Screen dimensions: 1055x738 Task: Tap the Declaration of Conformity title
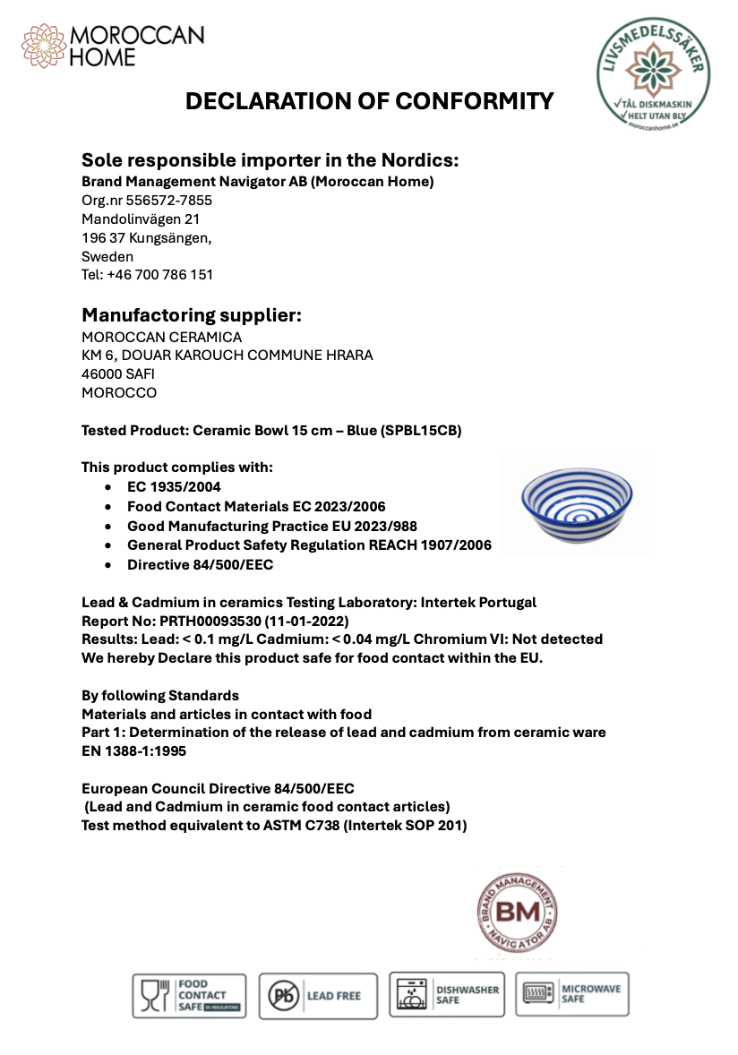[x=369, y=101]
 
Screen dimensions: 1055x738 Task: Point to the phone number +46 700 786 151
[x=159, y=275]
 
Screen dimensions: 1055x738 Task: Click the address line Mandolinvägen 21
[x=141, y=219]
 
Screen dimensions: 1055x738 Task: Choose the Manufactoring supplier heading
[x=192, y=315]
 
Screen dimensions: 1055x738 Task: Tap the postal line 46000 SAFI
[x=117, y=374]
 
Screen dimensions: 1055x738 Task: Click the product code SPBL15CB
[x=422, y=431]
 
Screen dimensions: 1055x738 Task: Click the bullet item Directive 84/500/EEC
[x=200, y=565]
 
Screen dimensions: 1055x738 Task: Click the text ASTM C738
[x=296, y=826]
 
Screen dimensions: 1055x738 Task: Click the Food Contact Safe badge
[x=189, y=996]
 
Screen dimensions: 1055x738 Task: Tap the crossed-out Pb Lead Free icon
[x=284, y=996]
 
